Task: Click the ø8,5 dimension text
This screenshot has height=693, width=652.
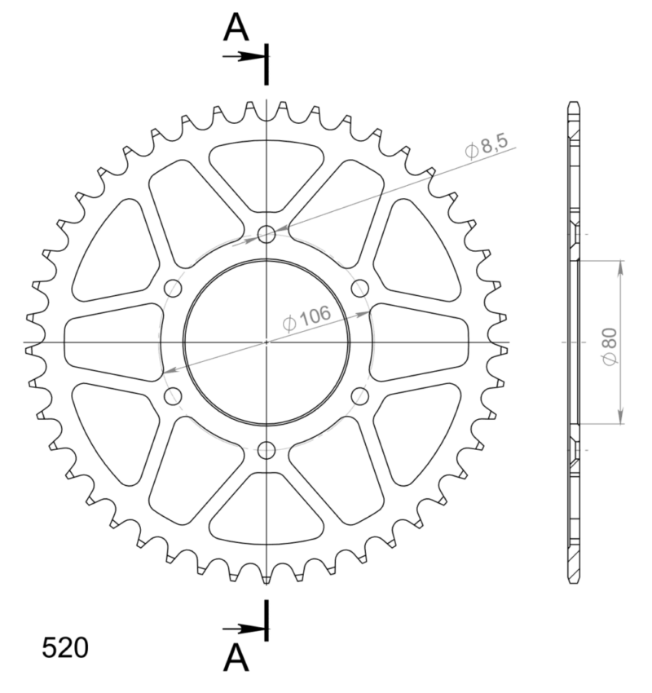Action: pos(487,147)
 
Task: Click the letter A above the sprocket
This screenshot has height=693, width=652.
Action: pos(236,29)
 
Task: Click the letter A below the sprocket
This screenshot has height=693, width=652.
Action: pos(236,657)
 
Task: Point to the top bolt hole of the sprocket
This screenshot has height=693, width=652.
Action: pos(267,235)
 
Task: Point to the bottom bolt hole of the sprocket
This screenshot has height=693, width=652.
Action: pos(267,450)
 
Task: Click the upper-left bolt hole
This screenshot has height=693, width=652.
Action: pos(173,289)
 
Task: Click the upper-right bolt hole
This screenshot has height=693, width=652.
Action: pos(360,289)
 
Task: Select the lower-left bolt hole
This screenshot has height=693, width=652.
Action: pos(173,396)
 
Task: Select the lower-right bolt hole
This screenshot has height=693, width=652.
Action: pos(360,396)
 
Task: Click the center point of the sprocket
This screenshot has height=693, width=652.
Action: pos(267,342)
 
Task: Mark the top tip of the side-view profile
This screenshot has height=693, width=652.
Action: pos(575,104)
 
